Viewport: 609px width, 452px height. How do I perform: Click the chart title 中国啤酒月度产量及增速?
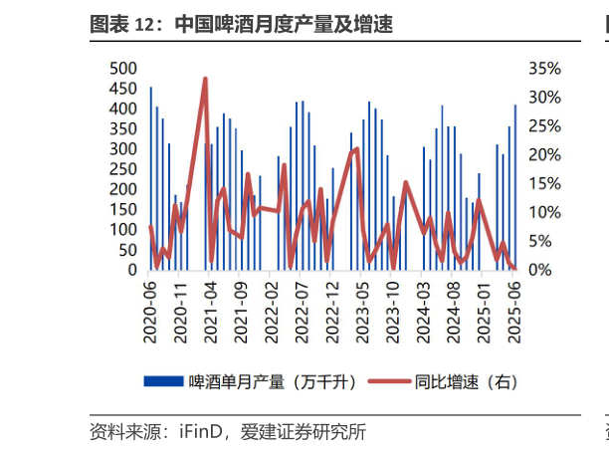[283, 25]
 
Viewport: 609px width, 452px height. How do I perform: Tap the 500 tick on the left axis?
[122, 68]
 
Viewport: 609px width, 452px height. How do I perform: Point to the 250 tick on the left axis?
[122, 168]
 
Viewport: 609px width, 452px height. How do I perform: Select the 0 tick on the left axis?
[131, 270]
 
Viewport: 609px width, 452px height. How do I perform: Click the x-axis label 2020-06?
[151, 311]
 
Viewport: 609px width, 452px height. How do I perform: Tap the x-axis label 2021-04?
[211, 311]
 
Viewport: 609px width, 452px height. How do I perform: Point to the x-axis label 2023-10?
[393, 311]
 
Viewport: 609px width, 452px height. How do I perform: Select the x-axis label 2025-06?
[514, 311]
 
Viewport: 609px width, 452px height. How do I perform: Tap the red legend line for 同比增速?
[389, 381]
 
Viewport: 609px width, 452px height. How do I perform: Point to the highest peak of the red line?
[205, 78]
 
